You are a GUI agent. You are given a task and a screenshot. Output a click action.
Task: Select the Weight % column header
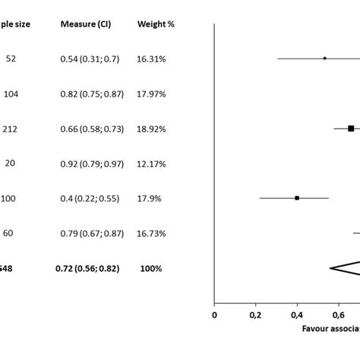(x=156, y=24)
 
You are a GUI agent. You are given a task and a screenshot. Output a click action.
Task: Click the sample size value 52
(x=10, y=58)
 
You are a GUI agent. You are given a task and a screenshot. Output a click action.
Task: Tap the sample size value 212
(x=11, y=128)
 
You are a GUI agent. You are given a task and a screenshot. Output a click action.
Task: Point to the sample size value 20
(x=10, y=163)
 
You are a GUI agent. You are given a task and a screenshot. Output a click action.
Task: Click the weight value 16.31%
(x=152, y=58)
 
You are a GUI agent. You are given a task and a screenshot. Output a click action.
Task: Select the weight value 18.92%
(x=152, y=128)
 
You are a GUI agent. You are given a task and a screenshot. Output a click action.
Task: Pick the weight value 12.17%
(x=152, y=163)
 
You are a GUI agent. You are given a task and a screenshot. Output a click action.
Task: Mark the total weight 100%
(x=150, y=269)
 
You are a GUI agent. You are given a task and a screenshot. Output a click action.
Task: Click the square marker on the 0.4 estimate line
(x=297, y=198)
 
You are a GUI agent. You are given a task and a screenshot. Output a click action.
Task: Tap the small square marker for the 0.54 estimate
(x=325, y=58)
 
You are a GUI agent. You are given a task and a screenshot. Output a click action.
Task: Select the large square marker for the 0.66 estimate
(x=351, y=128)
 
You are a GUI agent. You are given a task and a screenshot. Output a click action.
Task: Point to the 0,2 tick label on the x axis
(x=255, y=313)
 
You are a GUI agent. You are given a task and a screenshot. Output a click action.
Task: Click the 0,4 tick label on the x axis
(x=297, y=313)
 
